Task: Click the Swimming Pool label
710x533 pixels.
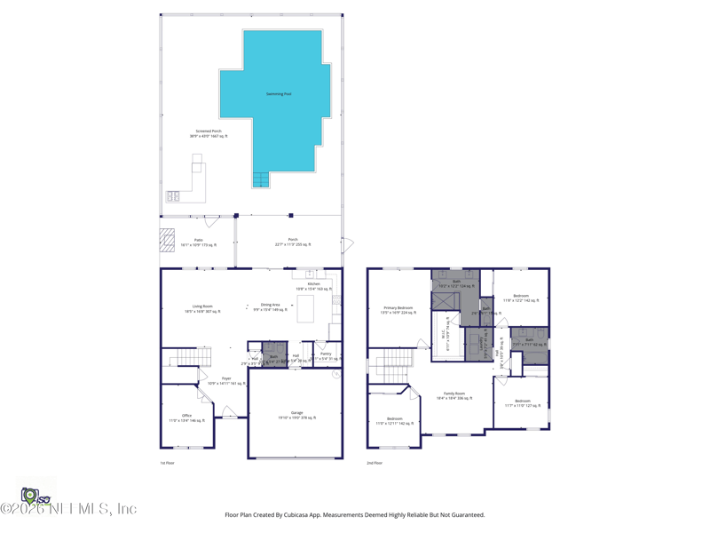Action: pos(279,94)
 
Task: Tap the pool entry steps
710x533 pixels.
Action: pos(260,180)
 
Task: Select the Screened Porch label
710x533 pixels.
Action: pos(209,133)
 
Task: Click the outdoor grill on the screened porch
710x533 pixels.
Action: pos(173,196)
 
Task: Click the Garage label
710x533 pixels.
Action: pos(296,414)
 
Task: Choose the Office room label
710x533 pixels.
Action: pos(186,417)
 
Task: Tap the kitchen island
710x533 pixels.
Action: pos(306,308)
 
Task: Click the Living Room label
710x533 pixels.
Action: pos(202,307)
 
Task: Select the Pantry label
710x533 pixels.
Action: pos(326,355)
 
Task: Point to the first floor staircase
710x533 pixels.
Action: pos(183,357)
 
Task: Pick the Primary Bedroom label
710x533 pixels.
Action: pos(398,309)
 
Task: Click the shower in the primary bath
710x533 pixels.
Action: pos(445,300)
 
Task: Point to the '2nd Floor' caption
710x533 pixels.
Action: pos(375,463)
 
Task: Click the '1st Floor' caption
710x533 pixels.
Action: pos(167,463)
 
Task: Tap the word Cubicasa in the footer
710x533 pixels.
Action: pos(306,514)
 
